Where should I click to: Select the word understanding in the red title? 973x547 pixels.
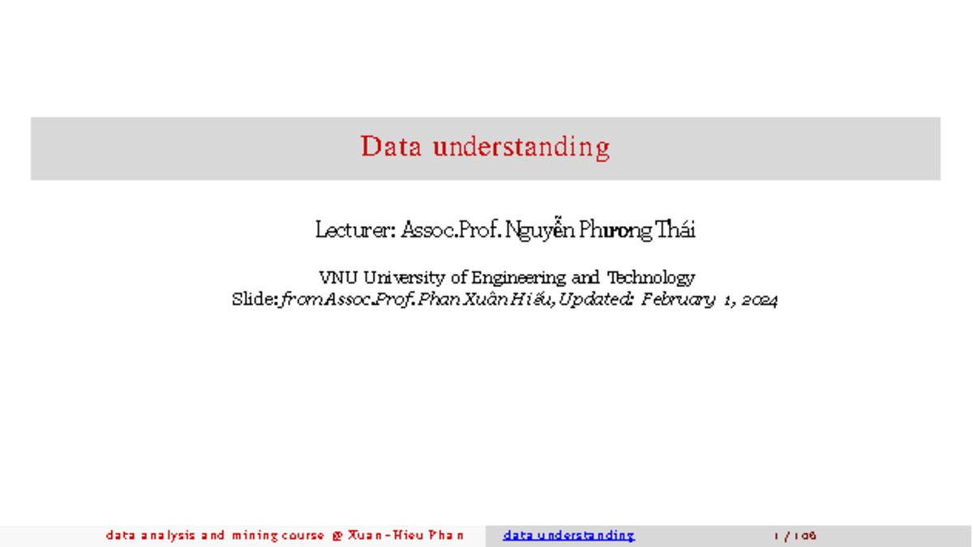(521, 147)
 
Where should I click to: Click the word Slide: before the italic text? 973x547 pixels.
(255, 300)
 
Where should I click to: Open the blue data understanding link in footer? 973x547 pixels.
(568, 536)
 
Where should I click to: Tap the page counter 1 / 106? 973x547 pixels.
(795, 536)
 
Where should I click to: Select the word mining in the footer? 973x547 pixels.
(255, 536)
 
